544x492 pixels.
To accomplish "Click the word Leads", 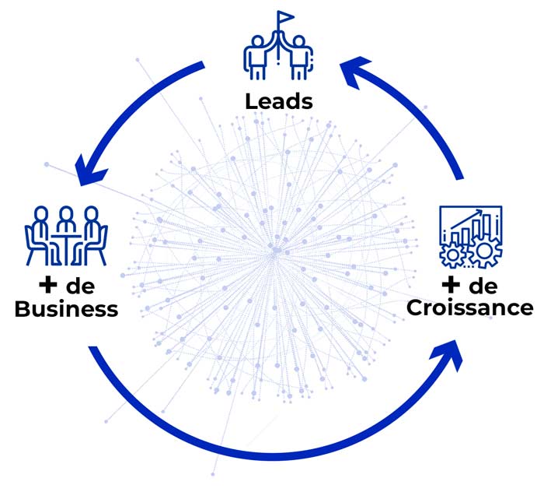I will tap(279, 101).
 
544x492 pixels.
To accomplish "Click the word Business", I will tap(67, 309).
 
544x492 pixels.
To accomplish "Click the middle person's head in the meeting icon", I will tap(66, 214).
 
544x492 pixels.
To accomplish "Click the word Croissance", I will tap(470, 307).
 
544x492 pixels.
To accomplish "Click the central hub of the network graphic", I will tap(274, 251).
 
